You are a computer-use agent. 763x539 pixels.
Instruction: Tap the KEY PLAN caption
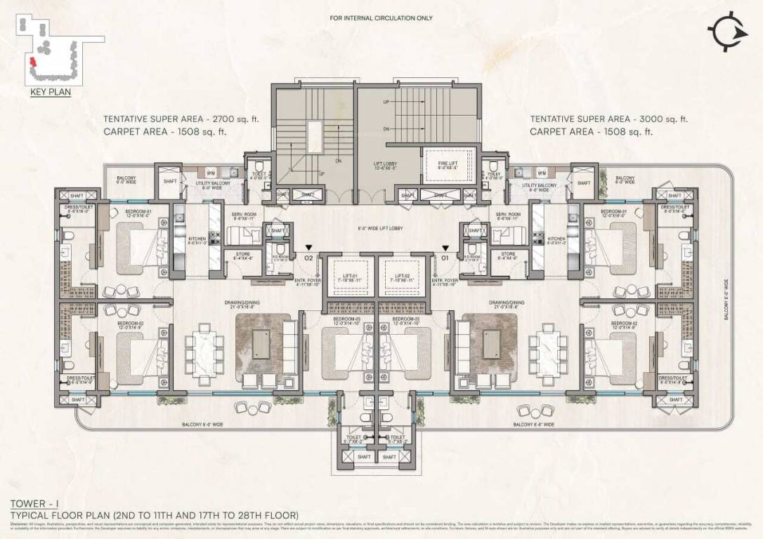pyautogui.click(x=51, y=91)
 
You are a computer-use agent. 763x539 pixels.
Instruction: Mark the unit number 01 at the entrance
pyautogui.click(x=444, y=258)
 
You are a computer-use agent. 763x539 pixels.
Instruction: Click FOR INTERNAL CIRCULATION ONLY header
pyautogui.click(x=381, y=18)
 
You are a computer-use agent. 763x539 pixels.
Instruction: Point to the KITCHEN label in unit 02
pyautogui.click(x=197, y=240)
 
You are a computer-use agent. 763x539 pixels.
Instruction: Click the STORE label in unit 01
pyautogui.click(x=507, y=255)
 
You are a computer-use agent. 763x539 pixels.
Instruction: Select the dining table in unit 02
pyautogui.click(x=203, y=348)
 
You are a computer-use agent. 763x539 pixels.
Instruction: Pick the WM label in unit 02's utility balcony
pyautogui.click(x=209, y=172)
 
